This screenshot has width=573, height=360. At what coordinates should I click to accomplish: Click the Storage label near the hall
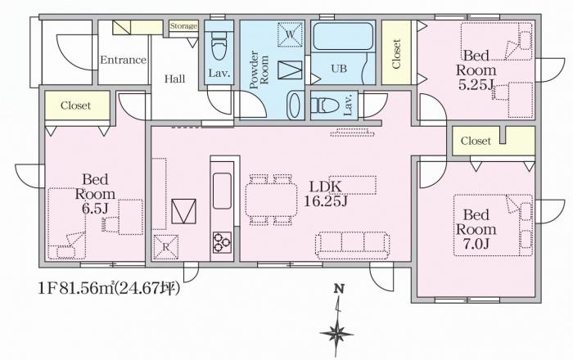[183, 26]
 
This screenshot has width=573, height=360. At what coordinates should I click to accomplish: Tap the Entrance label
[123, 60]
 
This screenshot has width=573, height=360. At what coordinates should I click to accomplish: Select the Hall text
[174, 79]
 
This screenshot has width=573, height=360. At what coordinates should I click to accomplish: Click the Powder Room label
[259, 70]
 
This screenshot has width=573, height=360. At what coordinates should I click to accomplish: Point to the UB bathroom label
[339, 68]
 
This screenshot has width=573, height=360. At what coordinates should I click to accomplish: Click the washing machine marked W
[290, 34]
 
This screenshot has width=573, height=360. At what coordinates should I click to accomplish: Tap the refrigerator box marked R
[166, 247]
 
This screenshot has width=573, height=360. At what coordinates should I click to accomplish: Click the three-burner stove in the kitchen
[222, 242]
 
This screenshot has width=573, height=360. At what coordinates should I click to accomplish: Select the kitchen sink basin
[222, 191]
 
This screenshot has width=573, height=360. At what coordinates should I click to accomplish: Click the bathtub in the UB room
[343, 37]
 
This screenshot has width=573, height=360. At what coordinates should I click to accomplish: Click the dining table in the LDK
[271, 200]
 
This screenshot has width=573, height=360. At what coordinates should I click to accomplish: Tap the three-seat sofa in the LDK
[353, 245]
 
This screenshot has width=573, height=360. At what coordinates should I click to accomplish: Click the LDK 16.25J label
[326, 194]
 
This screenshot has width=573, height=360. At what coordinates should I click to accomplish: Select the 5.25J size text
[476, 85]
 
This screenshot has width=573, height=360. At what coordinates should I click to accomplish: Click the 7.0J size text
[476, 244]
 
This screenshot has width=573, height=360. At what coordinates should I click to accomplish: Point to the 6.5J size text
[95, 208]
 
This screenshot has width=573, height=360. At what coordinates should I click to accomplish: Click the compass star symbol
[336, 333]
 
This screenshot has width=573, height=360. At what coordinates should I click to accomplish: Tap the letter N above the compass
[339, 289]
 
